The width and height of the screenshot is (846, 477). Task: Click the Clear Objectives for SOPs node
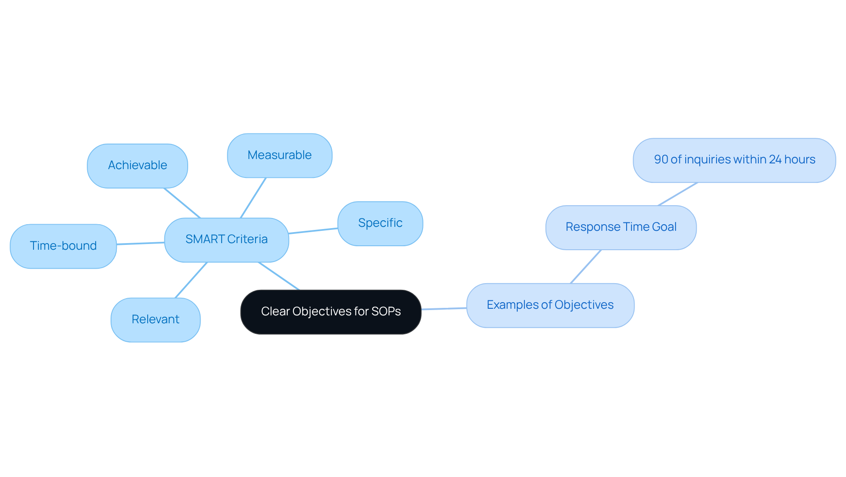(x=330, y=312)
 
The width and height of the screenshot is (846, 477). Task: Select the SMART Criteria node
(x=226, y=240)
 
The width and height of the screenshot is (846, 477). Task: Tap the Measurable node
(x=279, y=155)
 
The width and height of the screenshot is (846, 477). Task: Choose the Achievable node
(x=137, y=166)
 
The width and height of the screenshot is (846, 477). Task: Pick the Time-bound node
(x=63, y=246)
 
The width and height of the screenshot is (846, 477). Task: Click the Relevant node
(x=156, y=320)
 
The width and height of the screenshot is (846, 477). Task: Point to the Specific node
(x=380, y=223)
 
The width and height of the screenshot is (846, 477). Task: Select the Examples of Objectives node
(x=550, y=305)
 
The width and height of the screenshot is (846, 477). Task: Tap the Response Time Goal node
(x=621, y=227)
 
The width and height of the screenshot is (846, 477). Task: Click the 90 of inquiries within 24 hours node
(x=734, y=160)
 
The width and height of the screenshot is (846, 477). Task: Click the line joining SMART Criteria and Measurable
(x=253, y=198)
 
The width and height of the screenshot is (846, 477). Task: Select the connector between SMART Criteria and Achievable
(x=182, y=203)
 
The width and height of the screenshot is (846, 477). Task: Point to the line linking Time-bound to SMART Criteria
(x=141, y=243)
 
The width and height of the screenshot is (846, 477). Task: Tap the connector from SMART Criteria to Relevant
(x=191, y=280)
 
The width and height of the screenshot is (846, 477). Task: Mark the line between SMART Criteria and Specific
(x=313, y=231)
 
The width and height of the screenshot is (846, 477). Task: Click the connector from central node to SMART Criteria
(x=279, y=276)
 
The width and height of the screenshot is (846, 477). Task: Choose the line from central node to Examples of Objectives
(x=444, y=309)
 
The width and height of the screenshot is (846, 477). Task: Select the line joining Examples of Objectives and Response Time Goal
(x=586, y=267)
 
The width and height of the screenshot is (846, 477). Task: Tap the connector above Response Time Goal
(x=678, y=194)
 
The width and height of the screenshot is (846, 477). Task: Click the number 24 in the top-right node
(x=775, y=159)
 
